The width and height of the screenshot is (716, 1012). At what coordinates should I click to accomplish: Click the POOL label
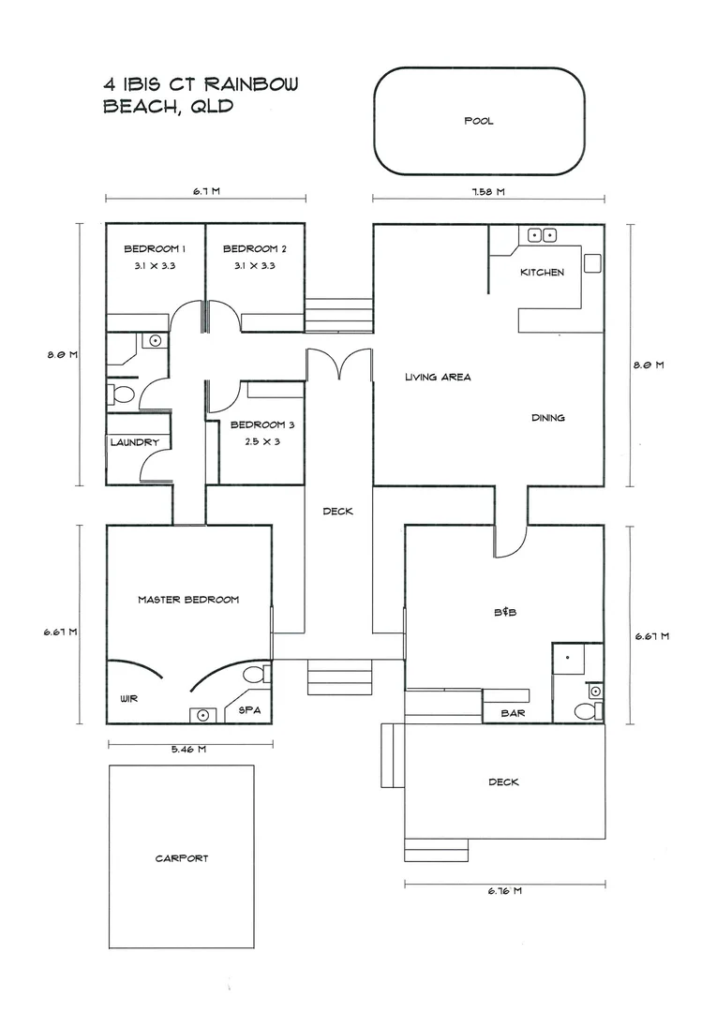pyautogui.click(x=478, y=121)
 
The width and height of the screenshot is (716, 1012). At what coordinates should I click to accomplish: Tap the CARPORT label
pyautogui.click(x=182, y=857)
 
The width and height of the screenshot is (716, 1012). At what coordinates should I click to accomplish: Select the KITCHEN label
pyautogui.click(x=542, y=273)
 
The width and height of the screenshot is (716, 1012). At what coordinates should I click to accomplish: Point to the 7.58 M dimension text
pyautogui.click(x=486, y=191)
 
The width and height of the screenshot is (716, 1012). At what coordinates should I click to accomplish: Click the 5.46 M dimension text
pyautogui.click(x=187, y=749)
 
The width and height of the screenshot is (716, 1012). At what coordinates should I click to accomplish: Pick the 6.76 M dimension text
pyautogui.click(x=504, y=890)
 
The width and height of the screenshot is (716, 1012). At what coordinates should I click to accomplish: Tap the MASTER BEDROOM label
pyautogui.click(x=187, y=600)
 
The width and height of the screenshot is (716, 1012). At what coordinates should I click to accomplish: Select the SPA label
pyautogui.click(x=250, y=710)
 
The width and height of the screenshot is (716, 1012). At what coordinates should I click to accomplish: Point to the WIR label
pyautogui.click(x=129, y=699)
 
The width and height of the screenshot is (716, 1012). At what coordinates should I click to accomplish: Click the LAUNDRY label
pyautogui.click(x=134, y=442)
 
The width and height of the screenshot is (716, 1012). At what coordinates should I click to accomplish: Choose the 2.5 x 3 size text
pyautogui.click(x=257, y=441)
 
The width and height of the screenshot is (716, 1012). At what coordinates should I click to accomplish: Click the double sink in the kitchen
pyautogui.click(x=542, y=235)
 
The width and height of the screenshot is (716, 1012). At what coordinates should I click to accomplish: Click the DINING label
pyautogui.click(x=547, y=418)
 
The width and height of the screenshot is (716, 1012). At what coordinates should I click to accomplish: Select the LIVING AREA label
pyautogui.click(x=437, y=378)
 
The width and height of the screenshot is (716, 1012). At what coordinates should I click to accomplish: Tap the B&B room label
pyautogui.click(x=505, y=612)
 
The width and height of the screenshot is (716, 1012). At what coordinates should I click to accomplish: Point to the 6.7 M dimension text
pyautogui.click(x=206, y=191)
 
